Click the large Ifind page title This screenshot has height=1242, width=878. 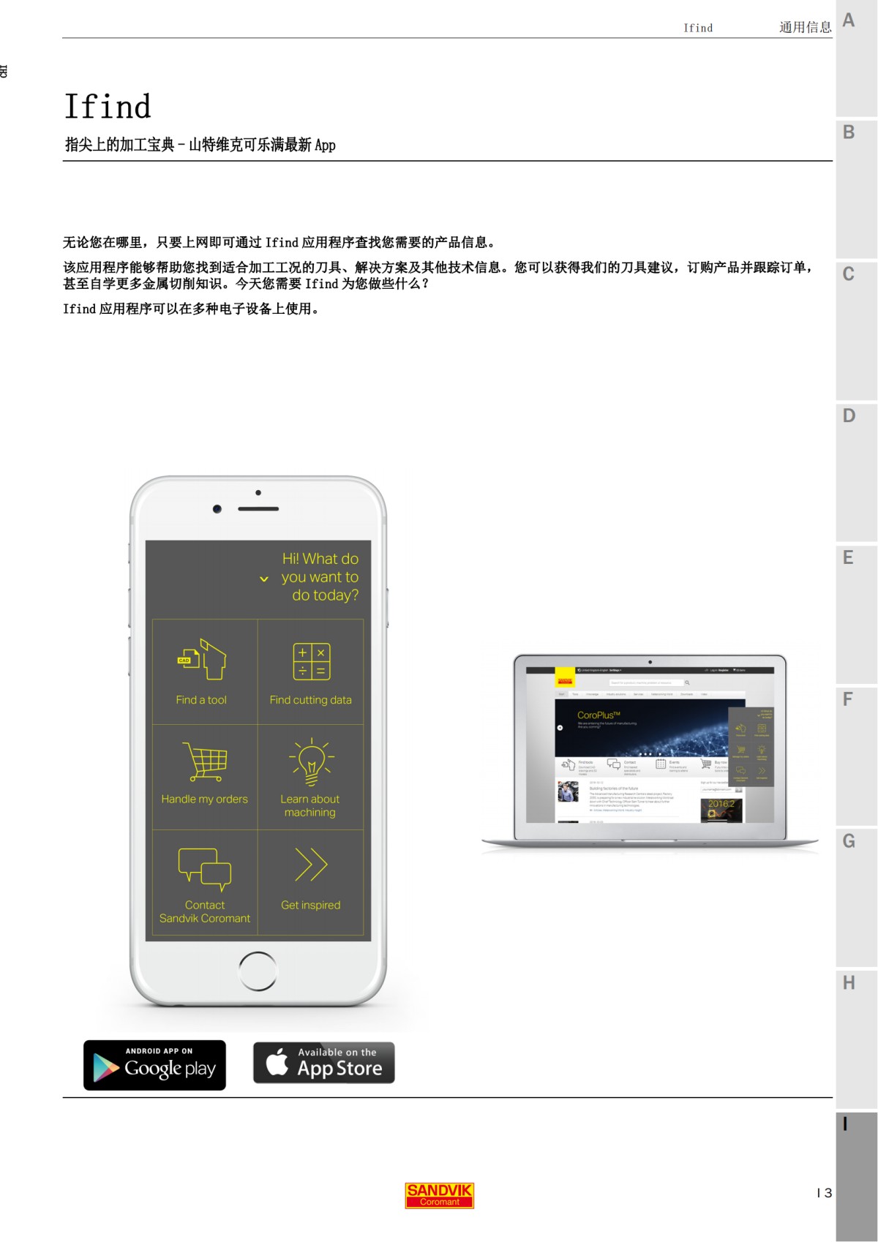coord(108,107)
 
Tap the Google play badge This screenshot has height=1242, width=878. coord(154,1065)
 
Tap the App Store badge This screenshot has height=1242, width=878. coord(323,1063)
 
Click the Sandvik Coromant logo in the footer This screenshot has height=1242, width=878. coord(439,1195)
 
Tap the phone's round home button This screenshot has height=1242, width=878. coord(258,971)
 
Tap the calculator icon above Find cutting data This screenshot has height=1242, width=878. coord(311,661)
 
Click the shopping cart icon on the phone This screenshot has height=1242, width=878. coord(204,762)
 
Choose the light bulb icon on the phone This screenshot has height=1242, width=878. coord(311,761)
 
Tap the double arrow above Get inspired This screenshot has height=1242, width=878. coord(311,865)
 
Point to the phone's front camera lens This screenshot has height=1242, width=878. coord(217,509)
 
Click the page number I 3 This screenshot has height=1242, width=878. coord(824,1193)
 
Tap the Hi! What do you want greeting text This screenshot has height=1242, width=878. coord(320,577)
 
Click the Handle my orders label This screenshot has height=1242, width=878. coord(204,799)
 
